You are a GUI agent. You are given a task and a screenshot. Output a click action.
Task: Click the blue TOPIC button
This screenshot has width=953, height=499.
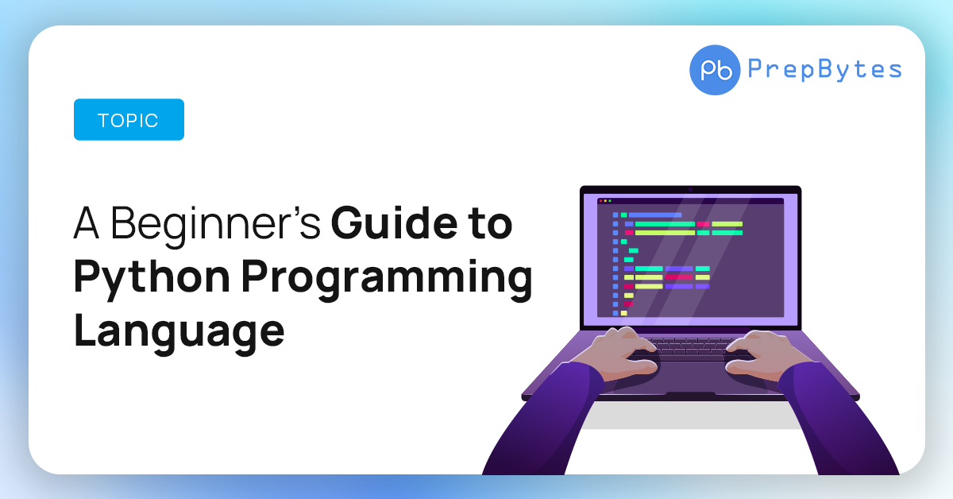[x=129, y=120]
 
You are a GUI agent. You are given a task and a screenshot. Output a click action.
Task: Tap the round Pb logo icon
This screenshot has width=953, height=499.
[x=715, y=70]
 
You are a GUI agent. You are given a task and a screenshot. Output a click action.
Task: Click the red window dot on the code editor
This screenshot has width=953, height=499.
[x=600, y=201]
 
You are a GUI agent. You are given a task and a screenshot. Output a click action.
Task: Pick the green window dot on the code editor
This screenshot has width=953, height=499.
[x=609, y=201]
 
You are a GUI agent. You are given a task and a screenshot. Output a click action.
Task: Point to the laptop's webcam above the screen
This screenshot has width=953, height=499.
[x=690, y=189]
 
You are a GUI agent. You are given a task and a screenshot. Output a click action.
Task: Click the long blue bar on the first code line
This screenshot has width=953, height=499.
[x=655, y=215]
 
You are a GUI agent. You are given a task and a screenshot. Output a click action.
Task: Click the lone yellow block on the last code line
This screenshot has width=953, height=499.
[x=624, y=313]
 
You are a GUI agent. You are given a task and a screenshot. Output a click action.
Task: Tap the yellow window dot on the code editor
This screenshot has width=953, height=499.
[x=604, y=201]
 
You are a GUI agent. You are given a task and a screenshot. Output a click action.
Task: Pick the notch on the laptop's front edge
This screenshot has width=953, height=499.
[x=690, y=394]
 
